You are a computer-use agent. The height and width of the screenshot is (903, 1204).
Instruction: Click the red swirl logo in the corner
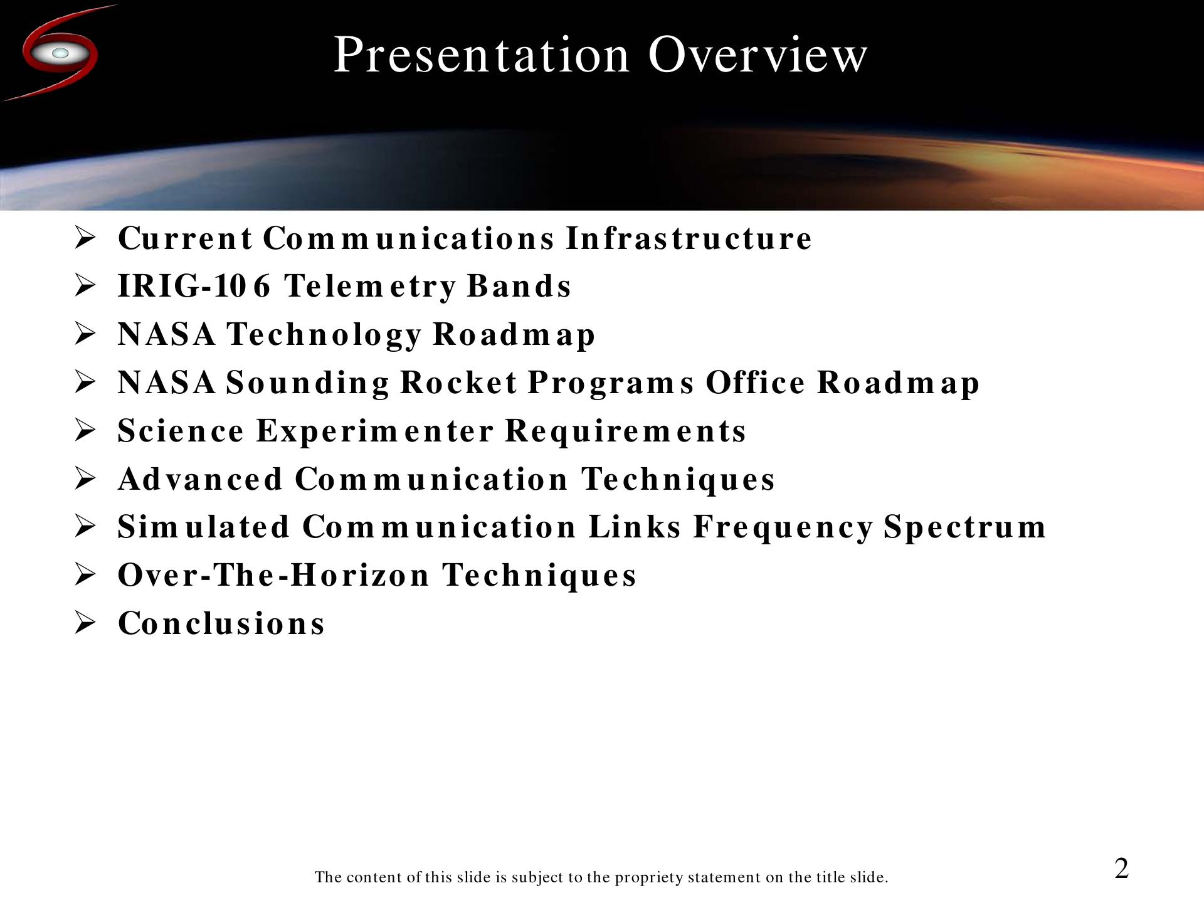[60, 53]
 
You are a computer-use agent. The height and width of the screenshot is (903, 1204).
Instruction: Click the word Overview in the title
[758, 55]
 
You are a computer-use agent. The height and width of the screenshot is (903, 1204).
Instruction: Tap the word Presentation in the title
[481, 55]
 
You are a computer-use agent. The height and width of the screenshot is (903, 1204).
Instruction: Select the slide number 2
[1121, 869]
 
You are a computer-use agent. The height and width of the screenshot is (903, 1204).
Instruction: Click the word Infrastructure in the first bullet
[689, 238]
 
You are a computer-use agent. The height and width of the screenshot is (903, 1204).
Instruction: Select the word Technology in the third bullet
[324, 335]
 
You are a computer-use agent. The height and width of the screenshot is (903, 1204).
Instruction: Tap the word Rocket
[459, 383]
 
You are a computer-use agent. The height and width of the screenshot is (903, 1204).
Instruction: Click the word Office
[755, 383]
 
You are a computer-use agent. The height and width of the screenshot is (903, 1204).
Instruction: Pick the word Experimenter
[375, 431]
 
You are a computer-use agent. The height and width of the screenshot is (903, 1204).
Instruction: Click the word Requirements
[625, 431]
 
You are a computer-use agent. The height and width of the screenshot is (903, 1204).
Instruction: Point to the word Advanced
[201, 479]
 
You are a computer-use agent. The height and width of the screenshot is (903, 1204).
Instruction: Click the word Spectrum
[965, 528]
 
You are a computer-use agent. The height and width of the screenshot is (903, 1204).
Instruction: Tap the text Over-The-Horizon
[274, 575]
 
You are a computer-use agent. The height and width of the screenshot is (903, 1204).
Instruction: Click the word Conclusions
[221, 623]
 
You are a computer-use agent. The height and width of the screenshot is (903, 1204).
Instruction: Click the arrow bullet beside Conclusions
[85, 623]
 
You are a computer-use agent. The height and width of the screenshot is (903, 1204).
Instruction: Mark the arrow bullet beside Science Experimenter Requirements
[85, 431]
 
